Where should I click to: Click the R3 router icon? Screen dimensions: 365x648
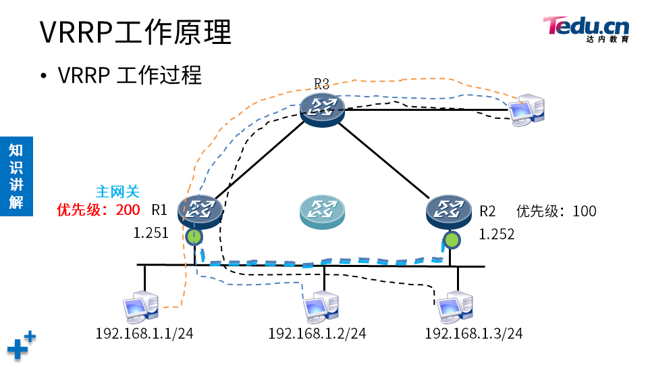(x=322, y=107)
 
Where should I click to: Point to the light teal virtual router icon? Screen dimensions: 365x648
(x=322, y=212)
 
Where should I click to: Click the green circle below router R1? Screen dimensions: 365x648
(x=194, y=237)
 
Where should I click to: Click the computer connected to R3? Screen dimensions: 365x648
(x=526, y=109)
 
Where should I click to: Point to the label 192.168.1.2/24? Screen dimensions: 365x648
(x=317, y=333)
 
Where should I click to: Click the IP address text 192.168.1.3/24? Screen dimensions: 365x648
(x=473, y=333)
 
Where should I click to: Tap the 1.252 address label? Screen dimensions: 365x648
(x=497, y=235)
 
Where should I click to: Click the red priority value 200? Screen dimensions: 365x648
(x=128, y=210)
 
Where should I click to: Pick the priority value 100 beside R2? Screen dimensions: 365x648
(x=585, y=211)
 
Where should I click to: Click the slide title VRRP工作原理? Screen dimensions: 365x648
(x=136, y=32)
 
